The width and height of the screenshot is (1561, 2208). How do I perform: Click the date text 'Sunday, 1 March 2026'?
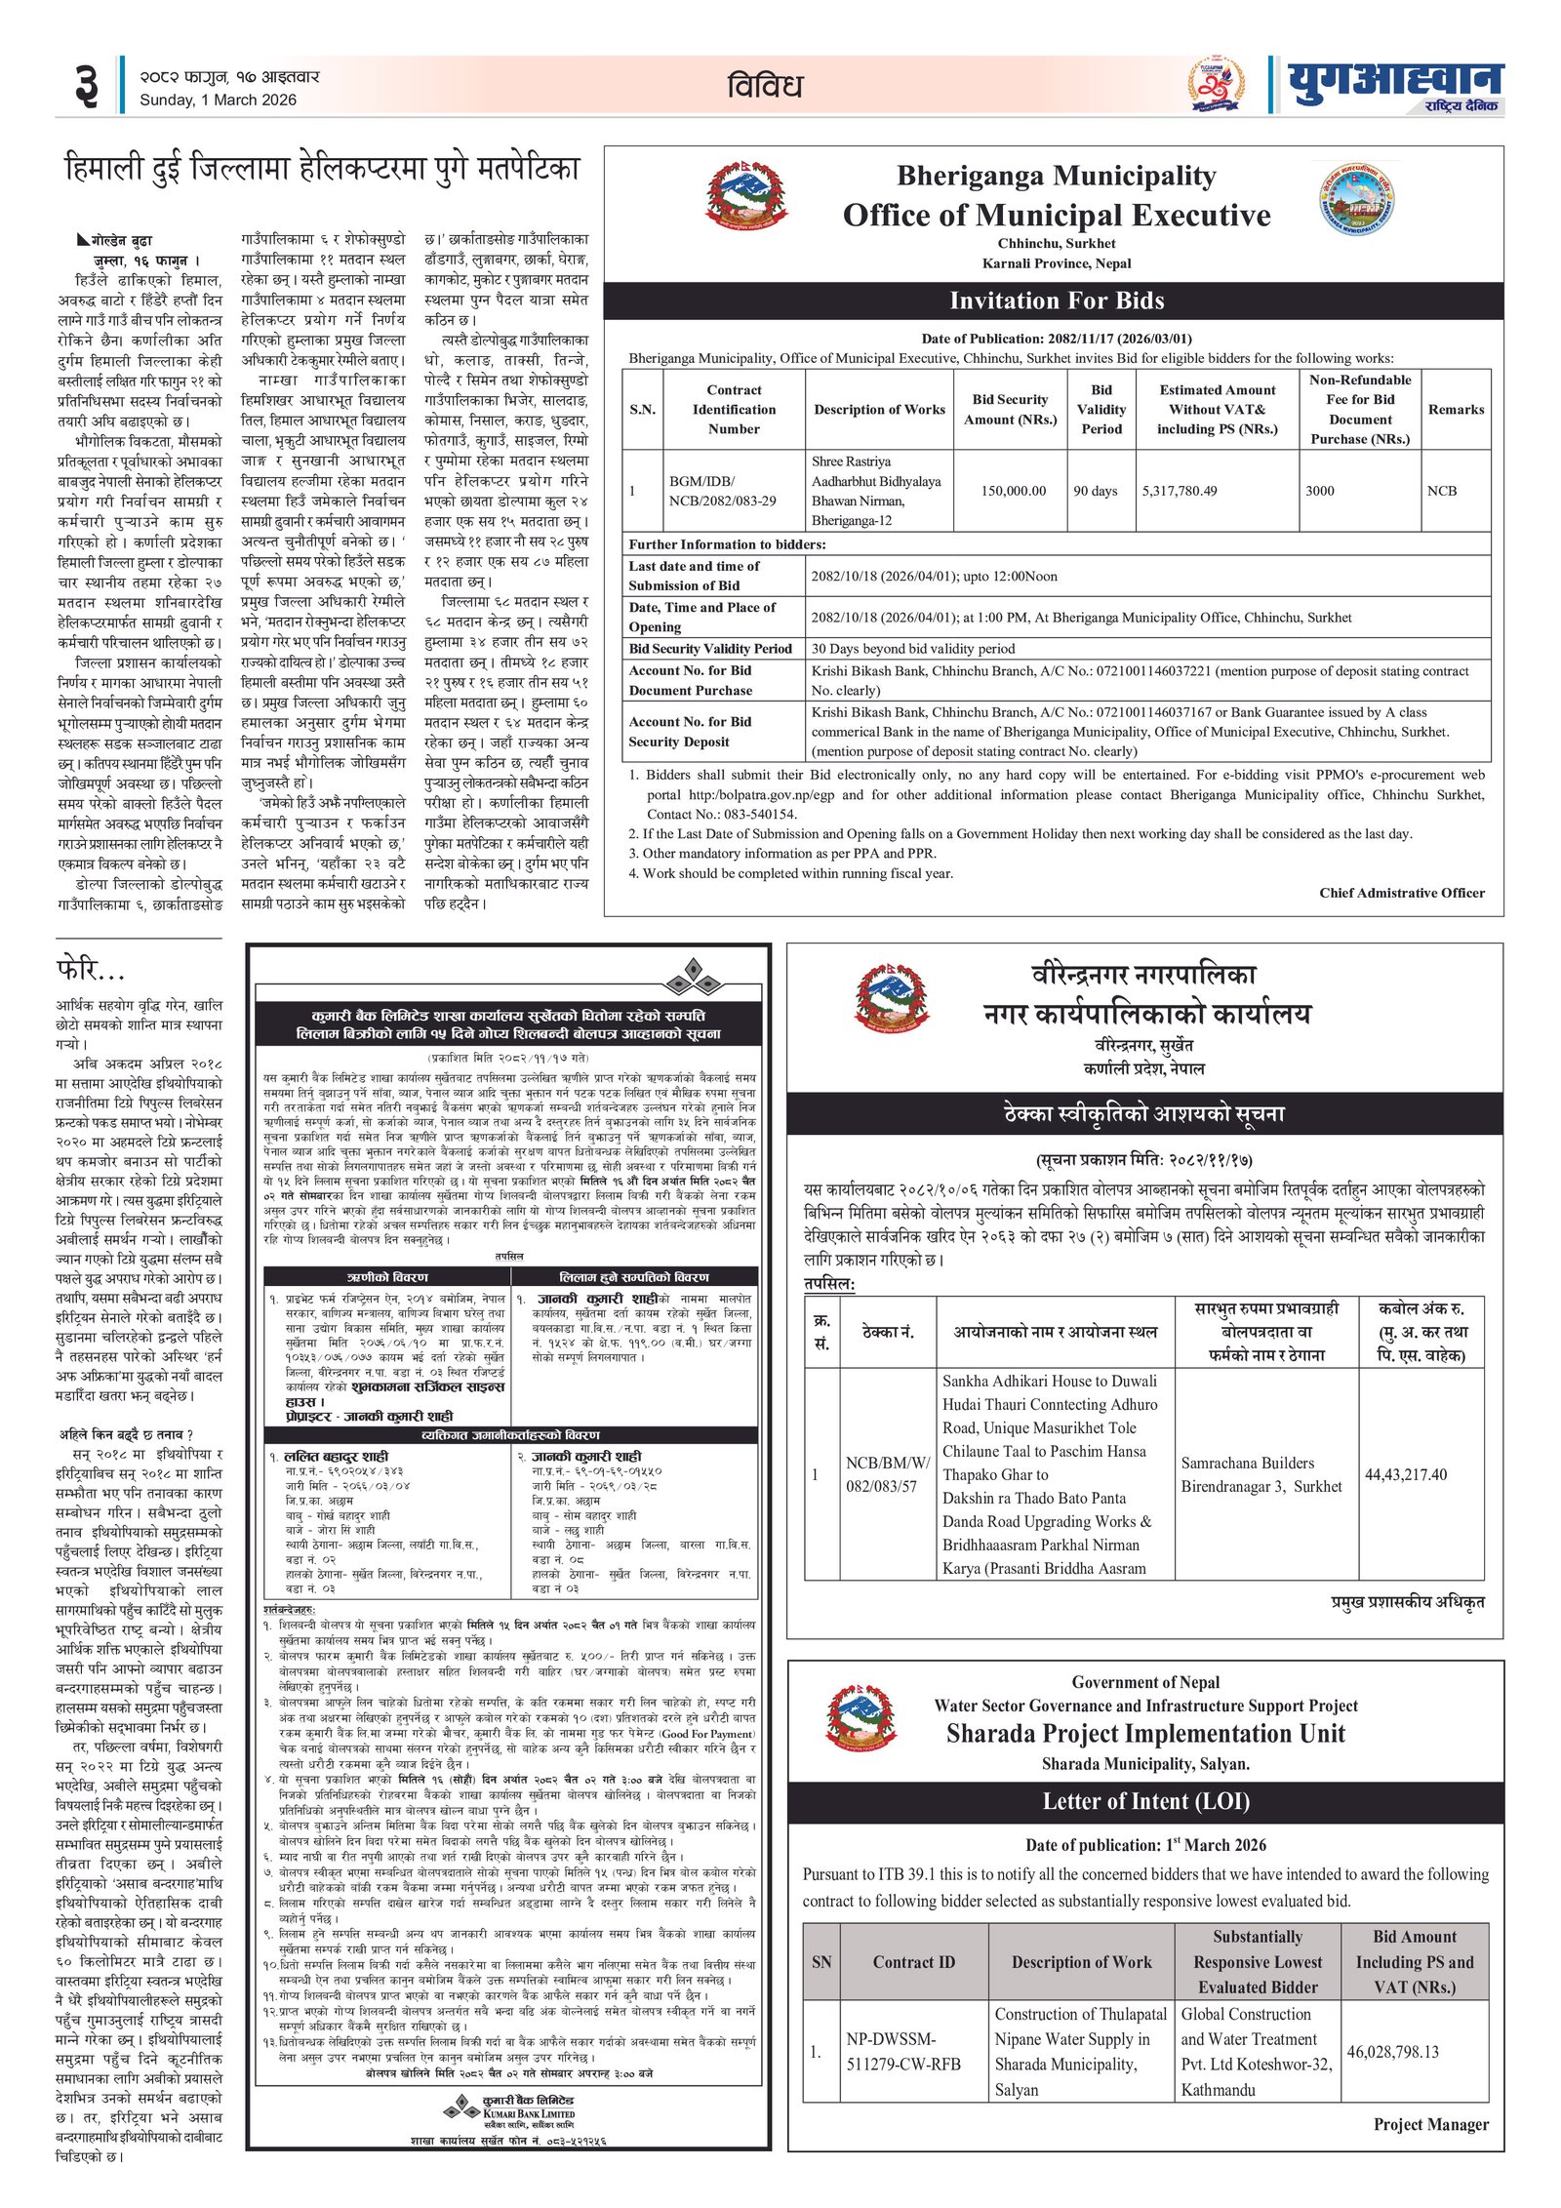click(x=218, y=100)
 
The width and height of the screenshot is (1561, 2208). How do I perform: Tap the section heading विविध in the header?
click(x=764, y=86)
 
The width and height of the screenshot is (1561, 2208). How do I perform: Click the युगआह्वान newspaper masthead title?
click(x=1395, y=80)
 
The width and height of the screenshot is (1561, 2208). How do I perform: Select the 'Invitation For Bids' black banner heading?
click(x=1056, y=301)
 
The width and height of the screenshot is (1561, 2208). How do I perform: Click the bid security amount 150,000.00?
click(x=1013, y=491)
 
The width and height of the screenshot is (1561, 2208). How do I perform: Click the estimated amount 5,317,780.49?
click(x=1180, y=491)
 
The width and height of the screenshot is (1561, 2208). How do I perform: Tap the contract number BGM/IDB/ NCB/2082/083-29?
click(x=722, y=491)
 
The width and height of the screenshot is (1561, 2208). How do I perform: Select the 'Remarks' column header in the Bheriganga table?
click(x=1456, y=410)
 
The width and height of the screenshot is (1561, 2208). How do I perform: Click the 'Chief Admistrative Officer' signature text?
click(x=1401, y=893)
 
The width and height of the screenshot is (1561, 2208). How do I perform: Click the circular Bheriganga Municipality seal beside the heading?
click(x=1358, y=199)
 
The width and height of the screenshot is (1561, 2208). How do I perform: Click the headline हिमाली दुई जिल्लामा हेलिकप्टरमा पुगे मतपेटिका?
click(x=322, y=170)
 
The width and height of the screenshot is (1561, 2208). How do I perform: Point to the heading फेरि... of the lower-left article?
click(x=91, y=970)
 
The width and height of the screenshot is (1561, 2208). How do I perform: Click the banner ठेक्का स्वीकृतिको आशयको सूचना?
click(x=1143, y=1113)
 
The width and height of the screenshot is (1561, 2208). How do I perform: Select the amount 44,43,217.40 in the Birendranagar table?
click(x=1406, y=1474)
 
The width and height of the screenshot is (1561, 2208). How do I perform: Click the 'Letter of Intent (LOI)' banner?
click(x=1145, y=1801)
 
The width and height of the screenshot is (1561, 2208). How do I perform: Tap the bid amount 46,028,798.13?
click(x=1392, y=2052)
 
